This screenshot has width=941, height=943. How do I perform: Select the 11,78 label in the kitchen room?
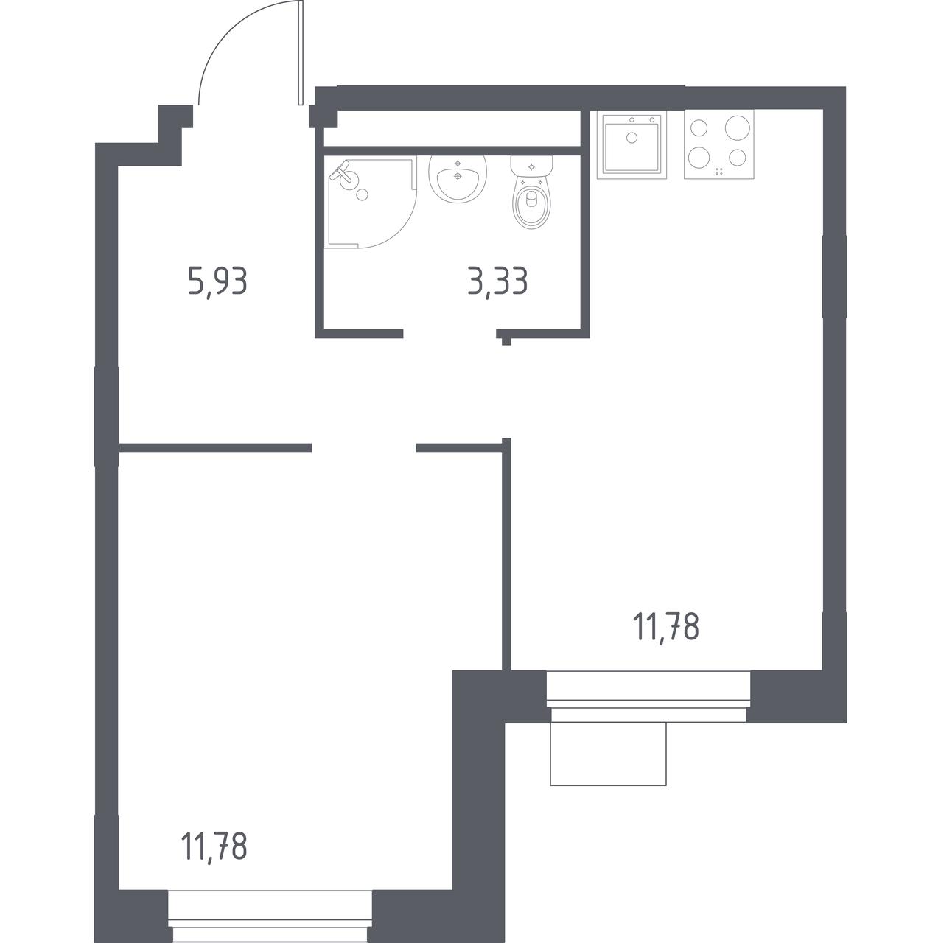click(x=666, y=628)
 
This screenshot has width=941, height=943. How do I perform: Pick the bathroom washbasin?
click(x=458, y=179)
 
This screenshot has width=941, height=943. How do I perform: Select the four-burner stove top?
click(x=718, y=144)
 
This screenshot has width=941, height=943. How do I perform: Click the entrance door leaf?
click(x=300, y=52)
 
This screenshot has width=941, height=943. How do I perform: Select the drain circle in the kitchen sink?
click(x=632, y=138)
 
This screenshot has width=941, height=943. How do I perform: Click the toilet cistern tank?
click(x=532, y=166)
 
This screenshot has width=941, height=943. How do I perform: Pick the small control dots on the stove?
click(x=719, y=171)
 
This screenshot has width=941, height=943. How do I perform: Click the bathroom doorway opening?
click(x=449, y=334)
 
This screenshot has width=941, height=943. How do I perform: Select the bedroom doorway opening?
click(x=364, y=448)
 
